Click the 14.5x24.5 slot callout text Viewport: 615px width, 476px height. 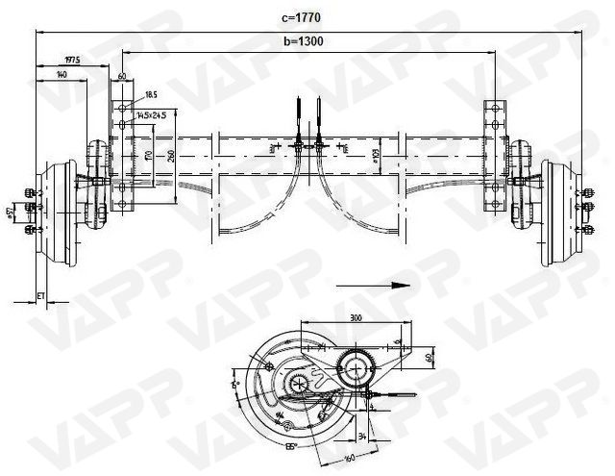point(151,114)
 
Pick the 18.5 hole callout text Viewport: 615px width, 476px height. point(152,94)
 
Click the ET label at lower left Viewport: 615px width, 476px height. point(40,294)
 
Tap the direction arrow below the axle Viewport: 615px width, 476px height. point(371,286)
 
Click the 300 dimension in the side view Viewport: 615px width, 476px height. point(356,316)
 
